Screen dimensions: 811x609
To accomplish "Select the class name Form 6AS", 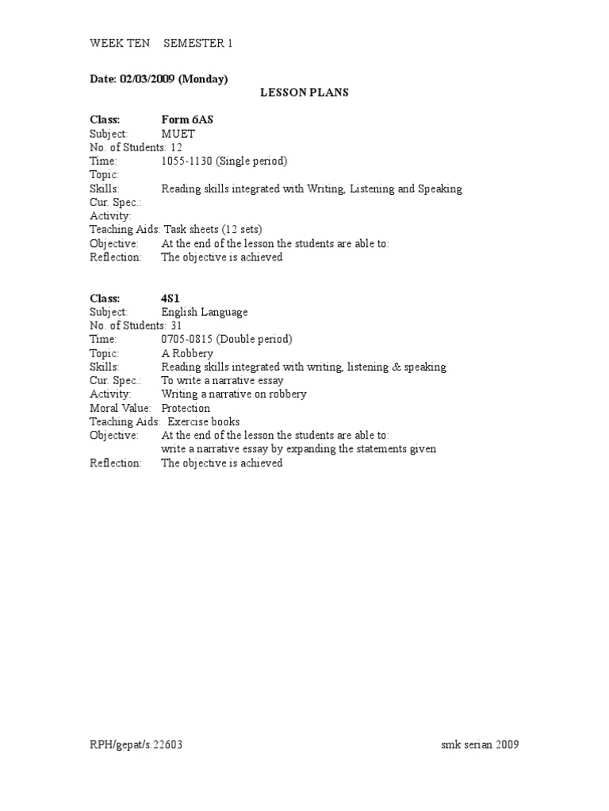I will click(188, 120).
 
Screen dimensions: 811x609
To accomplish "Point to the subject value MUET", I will click(178, 134).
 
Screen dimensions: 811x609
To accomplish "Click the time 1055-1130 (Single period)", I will click(224, 161).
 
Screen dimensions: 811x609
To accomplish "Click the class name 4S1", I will click(173, 299).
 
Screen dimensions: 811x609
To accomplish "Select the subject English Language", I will click(205, 312).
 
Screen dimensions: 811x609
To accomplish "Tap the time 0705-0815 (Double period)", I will click(227, 339).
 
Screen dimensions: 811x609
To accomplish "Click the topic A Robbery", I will click(189, 353).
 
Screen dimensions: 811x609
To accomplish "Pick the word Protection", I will click(186, 408).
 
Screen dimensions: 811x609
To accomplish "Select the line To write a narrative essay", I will click(223, 380).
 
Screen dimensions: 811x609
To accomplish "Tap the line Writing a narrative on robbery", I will click(234, 394).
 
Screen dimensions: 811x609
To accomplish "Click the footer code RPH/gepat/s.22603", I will click(140, 744).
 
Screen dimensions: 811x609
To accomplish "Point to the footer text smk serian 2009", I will click(481, 744).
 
